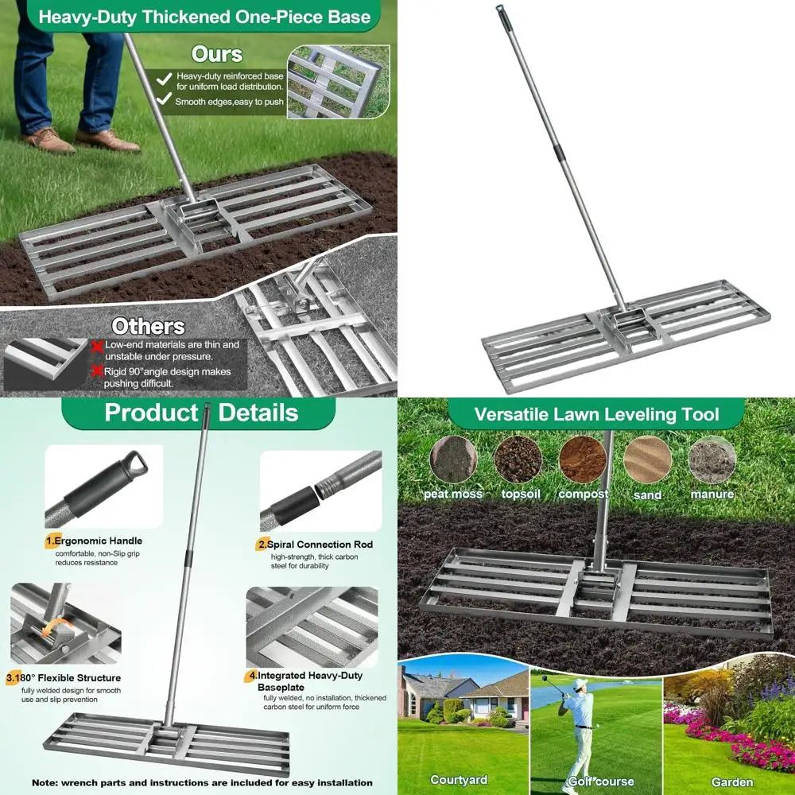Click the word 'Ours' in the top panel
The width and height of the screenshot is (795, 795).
pyautogui.click(x=216, y=54)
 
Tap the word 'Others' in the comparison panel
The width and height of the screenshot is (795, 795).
pyautogui.click(x=148, y=326)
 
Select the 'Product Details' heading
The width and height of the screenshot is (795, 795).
pyautogui.click(x=201, y=413)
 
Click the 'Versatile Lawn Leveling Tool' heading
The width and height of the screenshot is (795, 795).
pyautogui.click(x=596, y=414)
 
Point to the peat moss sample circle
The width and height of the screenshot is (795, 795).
pyautogui.click(x=453, y=460)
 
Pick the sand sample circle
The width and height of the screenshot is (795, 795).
pyautogui.click(x=647, y=460)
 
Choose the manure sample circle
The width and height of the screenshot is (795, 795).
pyautogui.click(x=712, y=460)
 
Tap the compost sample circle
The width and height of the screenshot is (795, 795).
pyautogui.click(x=583, y=460)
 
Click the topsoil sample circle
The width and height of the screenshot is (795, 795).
pyautogui.click(x=518, y=460)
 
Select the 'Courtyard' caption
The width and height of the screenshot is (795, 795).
pyautogui.click(x=459, y=780)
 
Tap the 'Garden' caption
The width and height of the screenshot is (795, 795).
pyautogui.click(x=732, y=782)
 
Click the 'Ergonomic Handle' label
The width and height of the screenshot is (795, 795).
pyautogui.click(x=98, y=541)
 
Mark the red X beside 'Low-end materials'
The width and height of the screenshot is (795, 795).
pyautogui.click(x=97, y=346)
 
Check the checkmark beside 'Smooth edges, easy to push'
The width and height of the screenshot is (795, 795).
pyautogui.click(x=164, y=99)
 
